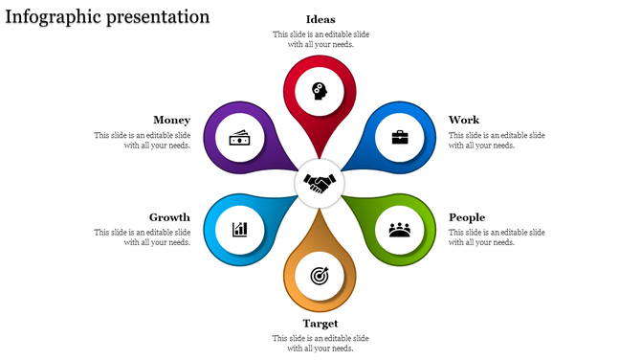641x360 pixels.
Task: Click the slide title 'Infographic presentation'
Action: click(107, 17)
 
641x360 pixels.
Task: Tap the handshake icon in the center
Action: click(320, 181)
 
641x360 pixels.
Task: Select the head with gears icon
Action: click(320, 91)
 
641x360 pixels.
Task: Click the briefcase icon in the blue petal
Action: click(400, 137)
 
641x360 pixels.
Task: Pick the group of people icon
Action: click(400, 230)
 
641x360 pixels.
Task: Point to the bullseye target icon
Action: click(320, 276)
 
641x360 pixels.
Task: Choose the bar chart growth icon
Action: click(240, 230)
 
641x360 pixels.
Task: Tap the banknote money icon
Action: click(240, 138)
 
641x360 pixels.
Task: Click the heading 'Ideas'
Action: click(320, 19)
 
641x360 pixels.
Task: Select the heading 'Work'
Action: click(464, 120)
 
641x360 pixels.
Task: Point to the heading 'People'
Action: click(467, 217)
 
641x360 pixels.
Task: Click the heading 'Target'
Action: click(320, 324)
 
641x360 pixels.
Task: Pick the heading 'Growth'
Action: click(169, 217)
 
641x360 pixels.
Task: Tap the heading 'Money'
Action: click(171, 120)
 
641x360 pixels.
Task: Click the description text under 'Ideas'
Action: click(320, 39)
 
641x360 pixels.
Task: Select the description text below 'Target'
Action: click(320, 343)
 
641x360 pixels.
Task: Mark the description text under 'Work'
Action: click(497, 140)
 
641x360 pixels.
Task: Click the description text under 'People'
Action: click(497, 236)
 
